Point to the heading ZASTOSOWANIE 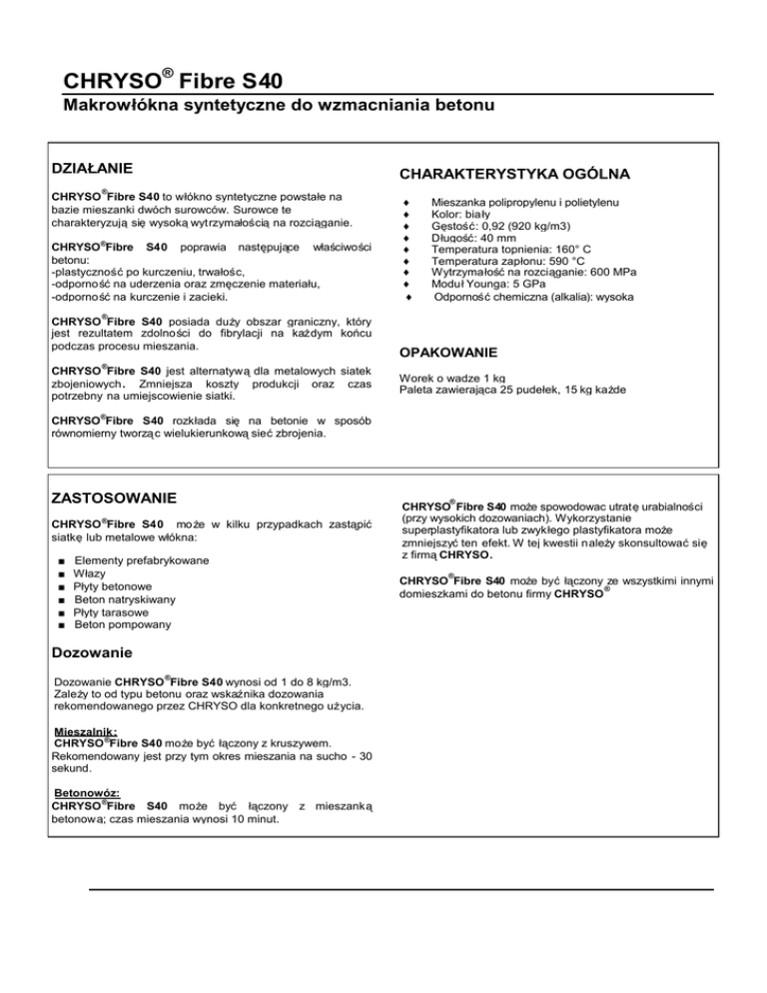click(114, 496)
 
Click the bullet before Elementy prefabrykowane click(62, 561)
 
